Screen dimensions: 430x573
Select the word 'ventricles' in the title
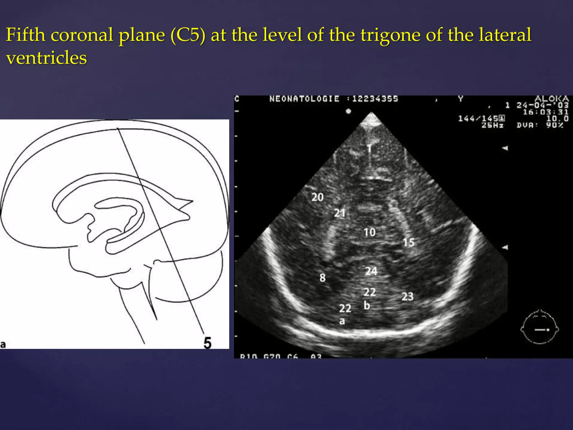46,58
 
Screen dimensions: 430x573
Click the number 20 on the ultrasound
318,197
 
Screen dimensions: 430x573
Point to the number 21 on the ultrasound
340,213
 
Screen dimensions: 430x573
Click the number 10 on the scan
370,232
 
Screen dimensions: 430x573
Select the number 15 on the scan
408,242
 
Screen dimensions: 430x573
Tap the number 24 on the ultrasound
371,271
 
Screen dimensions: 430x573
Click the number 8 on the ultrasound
323,278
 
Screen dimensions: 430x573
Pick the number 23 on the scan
407,296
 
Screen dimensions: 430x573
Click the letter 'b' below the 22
367,305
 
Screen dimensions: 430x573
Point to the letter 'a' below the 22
342,321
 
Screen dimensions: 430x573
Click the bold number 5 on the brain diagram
207,343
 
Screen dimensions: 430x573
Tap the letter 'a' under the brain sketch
3,344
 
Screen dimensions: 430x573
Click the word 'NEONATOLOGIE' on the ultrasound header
304,99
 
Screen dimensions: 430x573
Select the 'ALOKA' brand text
551,99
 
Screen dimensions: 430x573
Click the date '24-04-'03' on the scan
543,106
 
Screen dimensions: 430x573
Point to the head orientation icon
540,327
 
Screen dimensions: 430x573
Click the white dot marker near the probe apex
348,111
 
